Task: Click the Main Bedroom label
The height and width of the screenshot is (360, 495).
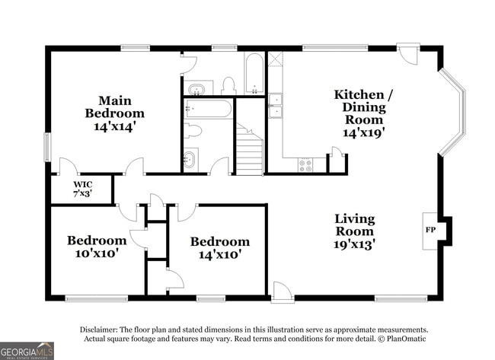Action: (x=114, y=107)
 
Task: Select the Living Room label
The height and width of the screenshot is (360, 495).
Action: (x=354, y=225)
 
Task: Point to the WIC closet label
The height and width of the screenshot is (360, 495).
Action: (x=83, y=184)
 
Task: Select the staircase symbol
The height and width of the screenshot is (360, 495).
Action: (x=248, y=151)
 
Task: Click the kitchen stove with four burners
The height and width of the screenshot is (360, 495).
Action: (x=306, y=164)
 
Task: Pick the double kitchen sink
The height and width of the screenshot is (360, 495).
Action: (x=275, y=106)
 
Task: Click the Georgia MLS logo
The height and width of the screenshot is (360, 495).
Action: (x=27, y=351)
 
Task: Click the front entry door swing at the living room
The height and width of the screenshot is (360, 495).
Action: (x=282, y=292)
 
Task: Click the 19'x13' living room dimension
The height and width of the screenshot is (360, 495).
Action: (x=354, y=244)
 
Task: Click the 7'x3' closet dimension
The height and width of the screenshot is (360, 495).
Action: (x=81, y=194)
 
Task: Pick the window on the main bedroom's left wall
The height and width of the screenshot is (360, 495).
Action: (x=47, y=146)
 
